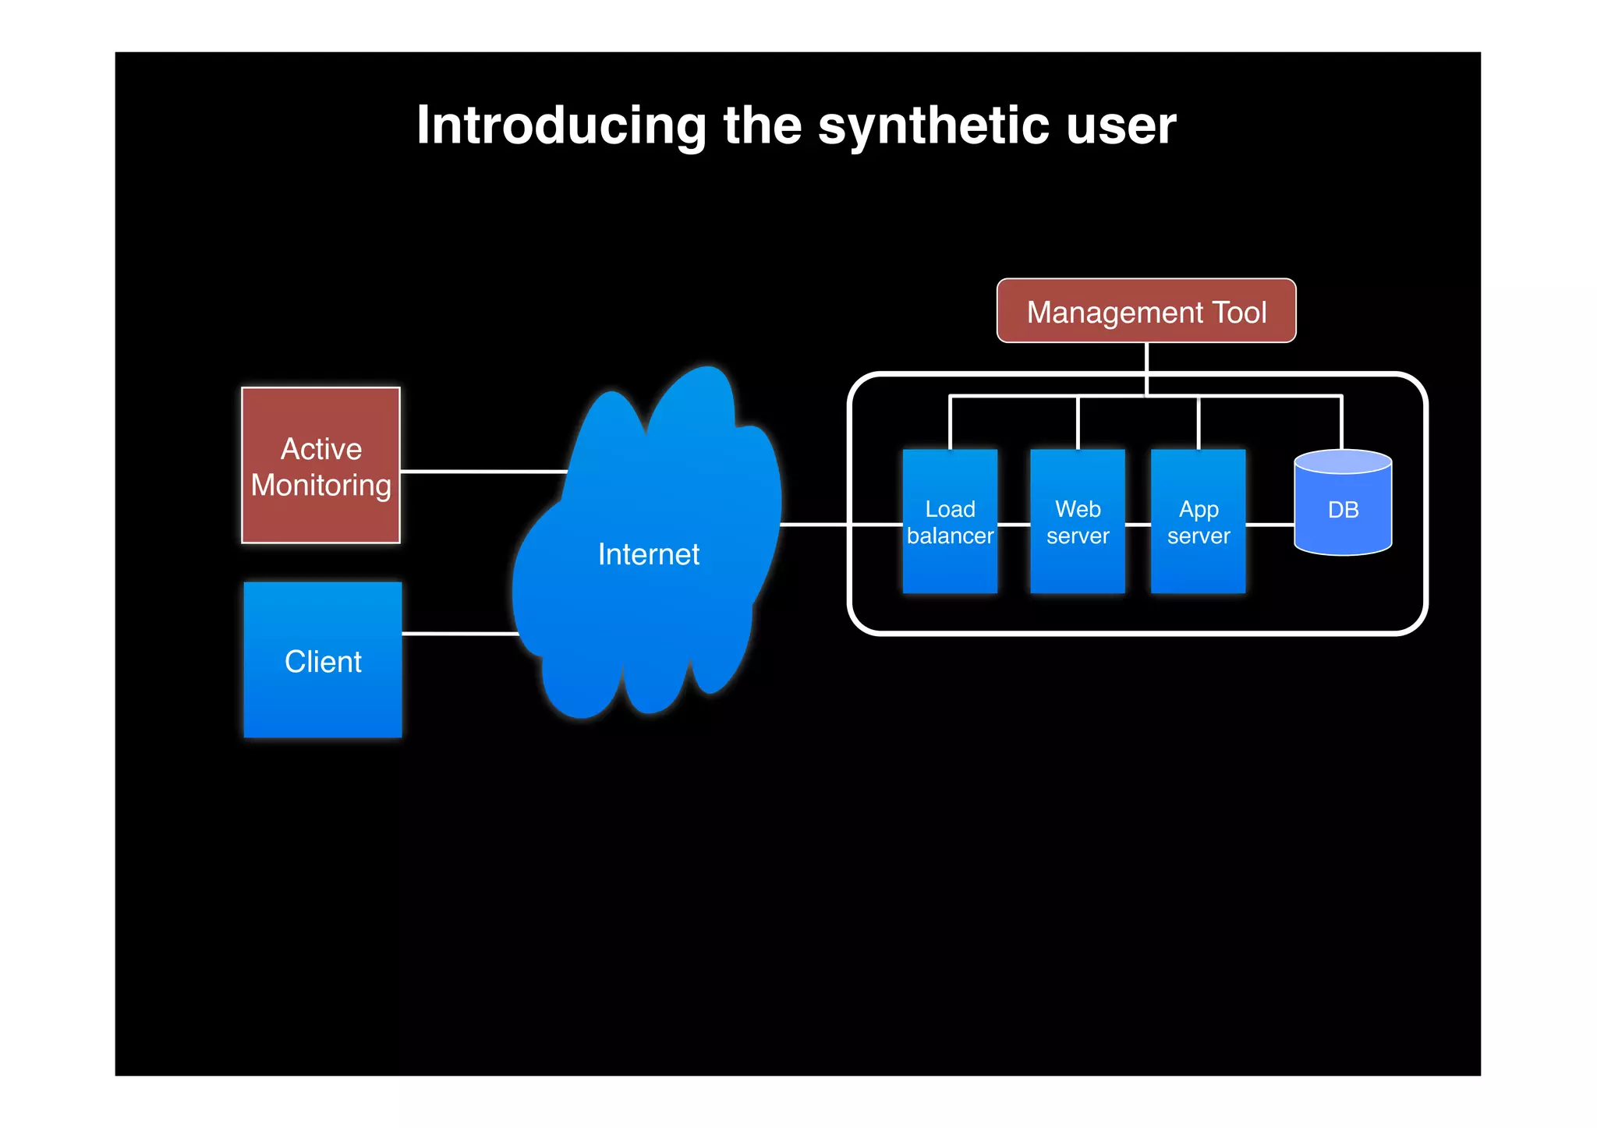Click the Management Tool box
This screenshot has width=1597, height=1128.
tap(1146, 311)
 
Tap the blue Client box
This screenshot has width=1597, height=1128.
tap(322, 660)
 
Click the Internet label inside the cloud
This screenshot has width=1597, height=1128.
tap(648, 554)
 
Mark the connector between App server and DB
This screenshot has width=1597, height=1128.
tap(1269, 525)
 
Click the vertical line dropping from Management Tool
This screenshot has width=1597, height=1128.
tap(1146, 366)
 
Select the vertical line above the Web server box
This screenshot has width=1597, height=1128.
tap(1078, 423)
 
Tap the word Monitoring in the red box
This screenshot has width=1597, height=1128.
tap(320, 486)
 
